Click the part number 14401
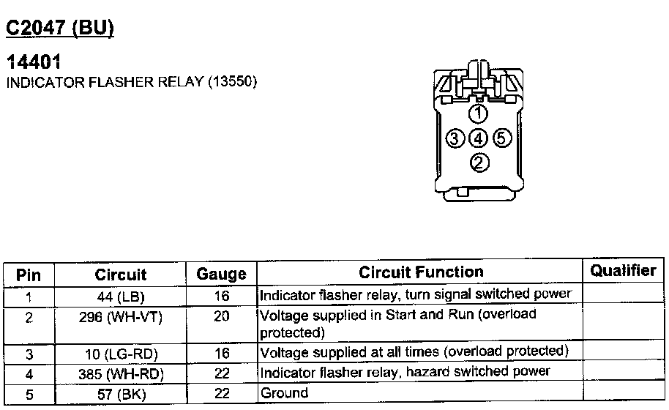[x=33, y=64]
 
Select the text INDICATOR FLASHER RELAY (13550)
[x=132, y=82]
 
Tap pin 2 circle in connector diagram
[x=479, y=163]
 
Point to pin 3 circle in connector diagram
[x=455, y=138]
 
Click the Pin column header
[x=29, y=275]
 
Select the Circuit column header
[x=121, y=275]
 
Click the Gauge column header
[x=221, y=275]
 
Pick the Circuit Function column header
[x=421, y=272]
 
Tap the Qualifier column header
[x=623, y=270]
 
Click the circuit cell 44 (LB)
[x=121, y=297]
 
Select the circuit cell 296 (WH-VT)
[x=121, y=316]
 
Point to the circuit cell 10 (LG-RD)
[x=121, y=354]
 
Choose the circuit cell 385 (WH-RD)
[x=121, y=374]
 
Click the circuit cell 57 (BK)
[x=121, y=394]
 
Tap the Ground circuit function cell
[x=285, y=393]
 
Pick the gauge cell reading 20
[x=222, y=316]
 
